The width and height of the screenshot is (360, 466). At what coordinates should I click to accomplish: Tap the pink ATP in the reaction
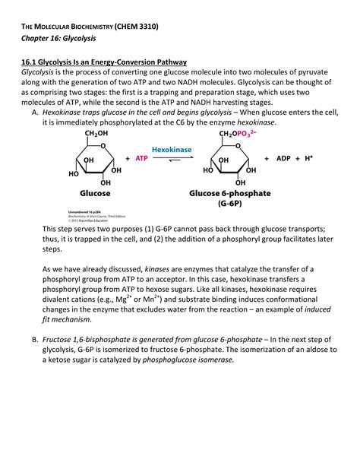tap(141, 159)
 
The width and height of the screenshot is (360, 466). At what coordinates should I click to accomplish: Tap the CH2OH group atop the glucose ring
tap(97, 135)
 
